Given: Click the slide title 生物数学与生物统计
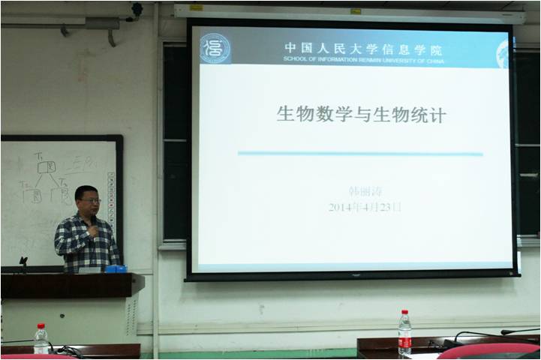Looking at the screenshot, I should click(361, 115).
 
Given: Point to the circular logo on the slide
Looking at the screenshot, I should click(215, 48).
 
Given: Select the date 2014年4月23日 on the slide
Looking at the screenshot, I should click(365, 207).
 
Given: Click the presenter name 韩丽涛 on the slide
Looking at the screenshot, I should click(365, 191).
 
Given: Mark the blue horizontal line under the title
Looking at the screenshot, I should click(360, 154).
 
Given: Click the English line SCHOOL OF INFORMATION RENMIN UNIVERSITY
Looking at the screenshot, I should click(363, 60).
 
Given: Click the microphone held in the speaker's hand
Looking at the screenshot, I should click(92, 228).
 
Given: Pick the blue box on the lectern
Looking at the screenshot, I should click(115, 268).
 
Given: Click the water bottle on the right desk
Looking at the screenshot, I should click(404, 333).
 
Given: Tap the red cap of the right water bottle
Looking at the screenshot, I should click(404, 313).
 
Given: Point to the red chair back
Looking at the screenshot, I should click(488, 350).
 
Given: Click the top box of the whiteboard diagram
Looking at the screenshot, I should click(47, 166).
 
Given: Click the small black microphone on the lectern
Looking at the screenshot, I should click(23, 262).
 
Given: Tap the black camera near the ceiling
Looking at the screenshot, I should click(137, 10).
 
